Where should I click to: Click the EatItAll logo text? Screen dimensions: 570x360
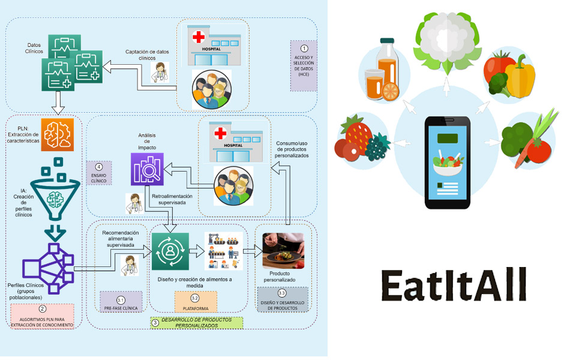click(454, 283)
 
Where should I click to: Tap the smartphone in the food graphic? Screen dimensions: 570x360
click(447, 162)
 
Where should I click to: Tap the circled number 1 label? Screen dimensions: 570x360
click(304, 48)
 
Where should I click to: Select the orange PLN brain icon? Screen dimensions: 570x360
click(57, 134)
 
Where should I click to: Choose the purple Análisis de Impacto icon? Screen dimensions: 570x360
click(146, 169)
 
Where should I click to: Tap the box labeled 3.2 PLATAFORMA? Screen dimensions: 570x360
click(196, 302)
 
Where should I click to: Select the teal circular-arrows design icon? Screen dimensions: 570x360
click(171, 251)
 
